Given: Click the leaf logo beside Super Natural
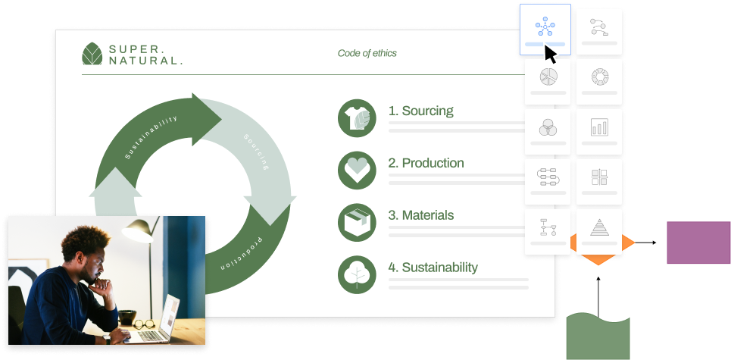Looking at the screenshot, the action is coord(92,54).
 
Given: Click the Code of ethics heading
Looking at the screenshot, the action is coord(367,53).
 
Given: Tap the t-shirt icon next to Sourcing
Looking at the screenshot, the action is coord(357,118).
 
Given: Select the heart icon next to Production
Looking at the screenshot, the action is coord(357,171).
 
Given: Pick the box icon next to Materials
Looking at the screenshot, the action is coord(357,222).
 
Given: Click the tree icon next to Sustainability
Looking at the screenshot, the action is coord(357,274).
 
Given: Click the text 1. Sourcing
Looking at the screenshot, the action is coord(420,111).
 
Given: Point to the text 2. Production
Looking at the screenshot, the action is coord(426,163).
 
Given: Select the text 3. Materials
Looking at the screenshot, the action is coord(421,215).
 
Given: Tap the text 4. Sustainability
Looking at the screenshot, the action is coord(433,268).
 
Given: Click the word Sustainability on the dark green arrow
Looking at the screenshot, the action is coord(151,137).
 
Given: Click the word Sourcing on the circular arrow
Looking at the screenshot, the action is coord(257,152).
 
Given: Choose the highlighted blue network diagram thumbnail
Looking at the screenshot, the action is coord(545,30).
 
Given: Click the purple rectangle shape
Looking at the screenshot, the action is coord(699,243).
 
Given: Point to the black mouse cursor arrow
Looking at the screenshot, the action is coord(551,54).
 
